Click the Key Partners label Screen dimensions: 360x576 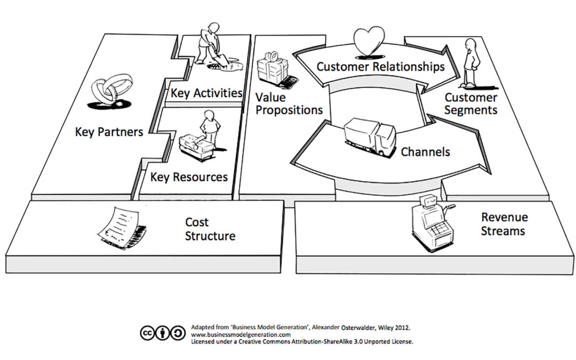coord(109,131)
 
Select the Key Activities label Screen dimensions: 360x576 coord(206,93)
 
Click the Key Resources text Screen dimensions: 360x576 coord(189,177)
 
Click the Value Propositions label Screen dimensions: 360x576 coord(289,103)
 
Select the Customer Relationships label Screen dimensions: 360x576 coord(380,67)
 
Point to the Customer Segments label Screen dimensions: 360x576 coord(470,103)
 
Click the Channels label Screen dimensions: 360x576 coord(425,151)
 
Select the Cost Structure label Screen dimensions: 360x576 coord(210,229)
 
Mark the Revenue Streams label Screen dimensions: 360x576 coord(504,224)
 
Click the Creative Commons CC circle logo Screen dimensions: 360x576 coord(147,333)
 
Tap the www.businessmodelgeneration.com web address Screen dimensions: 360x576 coord(241,334)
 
